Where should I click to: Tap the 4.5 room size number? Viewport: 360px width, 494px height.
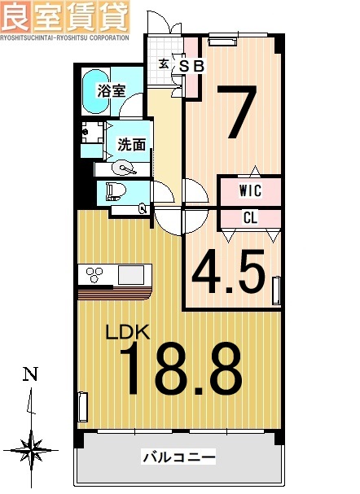tap(230, 273)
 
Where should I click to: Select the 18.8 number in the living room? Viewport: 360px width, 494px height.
tap(182, 370)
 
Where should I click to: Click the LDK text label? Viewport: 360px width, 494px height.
tap(127, 332)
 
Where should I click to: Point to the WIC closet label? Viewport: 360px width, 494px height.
tap(250, 191)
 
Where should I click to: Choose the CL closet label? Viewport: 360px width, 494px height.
tap(251, 217)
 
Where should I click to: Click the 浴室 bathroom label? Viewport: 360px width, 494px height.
tap(111, 90)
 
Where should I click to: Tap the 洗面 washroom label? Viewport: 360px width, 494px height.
tap(131, 145)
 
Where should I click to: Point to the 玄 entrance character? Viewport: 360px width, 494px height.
tap(164, 63)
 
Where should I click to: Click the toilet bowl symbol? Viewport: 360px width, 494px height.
tap(113, 193)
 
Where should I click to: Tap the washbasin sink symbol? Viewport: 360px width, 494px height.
tap(124, 168)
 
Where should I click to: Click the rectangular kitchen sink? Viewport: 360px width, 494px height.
tap(130, 274)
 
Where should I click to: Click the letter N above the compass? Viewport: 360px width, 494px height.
tap(30, 375)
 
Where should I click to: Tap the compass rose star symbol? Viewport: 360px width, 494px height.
tap(31, 447)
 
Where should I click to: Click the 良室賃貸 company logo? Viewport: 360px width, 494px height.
tap(64, 15)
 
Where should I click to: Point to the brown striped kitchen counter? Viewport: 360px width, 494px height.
tap(116, 291)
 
